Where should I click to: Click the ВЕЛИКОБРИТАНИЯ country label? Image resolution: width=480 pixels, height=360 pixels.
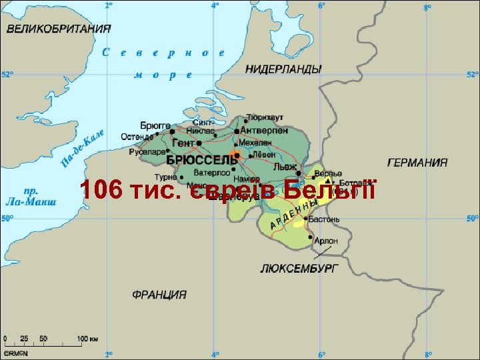59,29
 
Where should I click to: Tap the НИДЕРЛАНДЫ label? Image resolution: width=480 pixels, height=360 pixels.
283,69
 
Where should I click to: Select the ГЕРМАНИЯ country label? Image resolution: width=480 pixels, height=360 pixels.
417,163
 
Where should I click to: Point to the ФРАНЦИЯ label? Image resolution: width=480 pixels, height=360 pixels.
159,294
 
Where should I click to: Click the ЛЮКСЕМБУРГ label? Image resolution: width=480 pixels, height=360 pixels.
299,268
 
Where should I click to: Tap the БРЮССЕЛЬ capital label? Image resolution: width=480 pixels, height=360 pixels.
201,161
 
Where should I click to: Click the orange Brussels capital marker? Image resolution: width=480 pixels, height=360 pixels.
236,155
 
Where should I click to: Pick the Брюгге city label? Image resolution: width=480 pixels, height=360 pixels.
155,125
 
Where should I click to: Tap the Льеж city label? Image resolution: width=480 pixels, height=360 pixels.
285,167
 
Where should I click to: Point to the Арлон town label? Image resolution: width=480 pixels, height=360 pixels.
326,241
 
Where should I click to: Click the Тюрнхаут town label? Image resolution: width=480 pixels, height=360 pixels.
265,117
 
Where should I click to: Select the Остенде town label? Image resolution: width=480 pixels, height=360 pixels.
136,137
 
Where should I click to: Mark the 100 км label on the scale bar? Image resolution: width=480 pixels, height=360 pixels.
88,339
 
